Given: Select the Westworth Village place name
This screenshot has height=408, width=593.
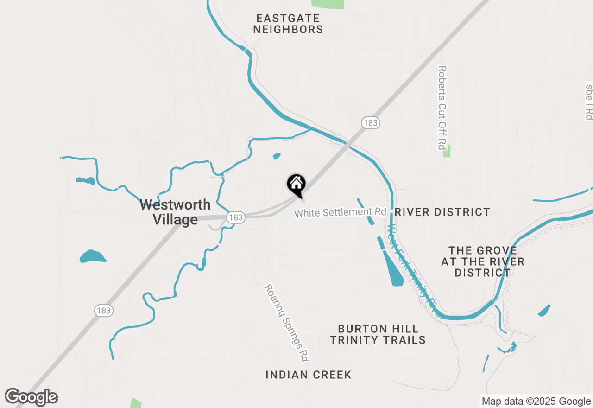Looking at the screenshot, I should coord(175,212).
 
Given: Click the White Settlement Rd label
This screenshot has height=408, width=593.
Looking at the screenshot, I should coord(340,212).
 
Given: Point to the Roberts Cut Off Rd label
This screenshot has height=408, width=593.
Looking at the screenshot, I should coord(442,108).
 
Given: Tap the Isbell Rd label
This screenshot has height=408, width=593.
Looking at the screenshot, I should coord(589,101).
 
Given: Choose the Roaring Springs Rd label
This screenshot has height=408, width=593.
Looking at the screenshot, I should coord(287,323).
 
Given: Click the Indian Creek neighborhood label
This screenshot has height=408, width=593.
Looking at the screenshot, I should coord(309,375).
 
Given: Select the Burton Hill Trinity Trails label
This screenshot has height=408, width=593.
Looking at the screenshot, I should coord(378,334).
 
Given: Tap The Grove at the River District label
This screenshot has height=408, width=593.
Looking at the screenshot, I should coord(482,261).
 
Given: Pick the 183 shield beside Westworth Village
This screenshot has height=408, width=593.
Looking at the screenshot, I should coord(235,217).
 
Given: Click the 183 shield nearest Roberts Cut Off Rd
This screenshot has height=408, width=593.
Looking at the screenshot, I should coord(371,123).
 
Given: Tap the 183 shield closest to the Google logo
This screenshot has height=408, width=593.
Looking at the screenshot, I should coord(104,311).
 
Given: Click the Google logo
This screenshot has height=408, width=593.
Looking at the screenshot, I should coord(32,397).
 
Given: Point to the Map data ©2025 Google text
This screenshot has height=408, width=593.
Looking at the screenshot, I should coord(536,402).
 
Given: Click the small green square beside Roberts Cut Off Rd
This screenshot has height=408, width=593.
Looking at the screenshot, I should coord(447,151).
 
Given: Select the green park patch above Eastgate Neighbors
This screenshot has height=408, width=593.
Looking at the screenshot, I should coord(328,4).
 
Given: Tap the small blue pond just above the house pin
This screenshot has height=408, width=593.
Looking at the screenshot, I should coord(277,156).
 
